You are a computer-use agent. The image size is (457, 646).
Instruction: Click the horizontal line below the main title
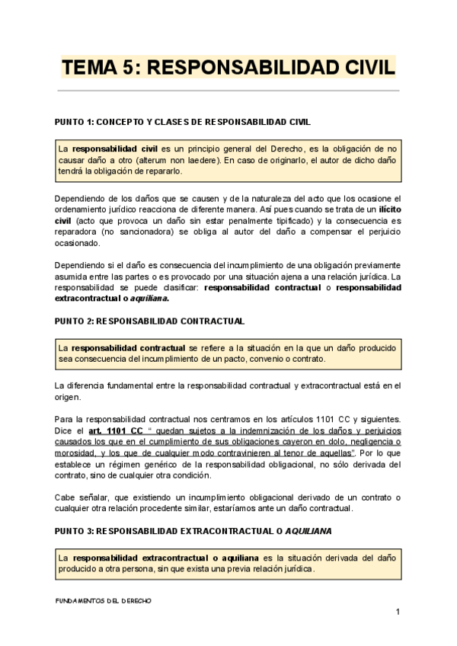[228, 91]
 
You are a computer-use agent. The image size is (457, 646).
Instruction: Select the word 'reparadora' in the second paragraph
[77, 232]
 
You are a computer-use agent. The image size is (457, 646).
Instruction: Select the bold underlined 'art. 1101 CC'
[115, 430]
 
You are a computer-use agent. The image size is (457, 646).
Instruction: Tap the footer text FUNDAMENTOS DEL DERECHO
[104, 600]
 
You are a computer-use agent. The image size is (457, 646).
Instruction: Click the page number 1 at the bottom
[397, 613]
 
